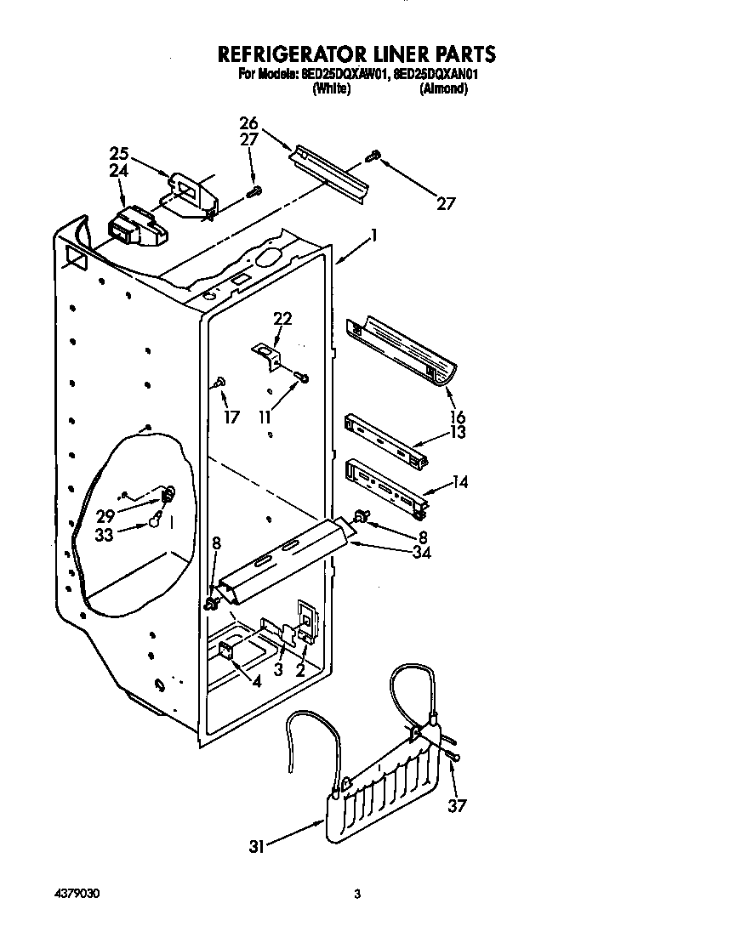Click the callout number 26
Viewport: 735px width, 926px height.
tap(248, 123)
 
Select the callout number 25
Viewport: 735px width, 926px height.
tap(118, 154)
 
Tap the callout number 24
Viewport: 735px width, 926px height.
tap(118, 170)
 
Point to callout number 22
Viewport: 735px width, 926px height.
tap(282, 319)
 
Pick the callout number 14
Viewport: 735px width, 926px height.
tap(459, 483)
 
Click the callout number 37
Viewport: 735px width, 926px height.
tap(457, 805)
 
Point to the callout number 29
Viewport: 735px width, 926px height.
tap(105, 515)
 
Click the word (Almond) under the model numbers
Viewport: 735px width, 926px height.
tap(443, 88)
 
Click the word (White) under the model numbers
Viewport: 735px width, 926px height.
tap(331, 88)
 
